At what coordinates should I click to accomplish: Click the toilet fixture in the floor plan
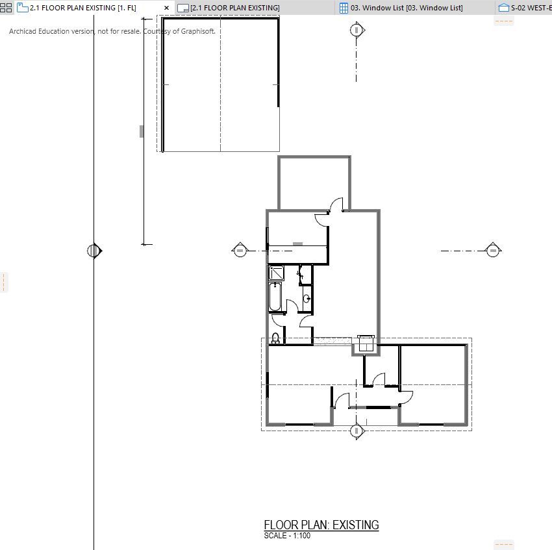(x=275, y=338)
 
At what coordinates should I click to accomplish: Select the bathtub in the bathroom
(x=275, y=297)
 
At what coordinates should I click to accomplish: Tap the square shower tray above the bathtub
(x=276, y=273)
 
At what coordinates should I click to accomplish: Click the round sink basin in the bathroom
(x=307, y=299)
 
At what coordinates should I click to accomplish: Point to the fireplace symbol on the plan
(x=366, y=344)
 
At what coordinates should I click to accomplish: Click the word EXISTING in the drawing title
(x=356, y=525)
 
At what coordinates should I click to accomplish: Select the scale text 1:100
(x=302, y=536)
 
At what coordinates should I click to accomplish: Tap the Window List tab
(x=401, y=8)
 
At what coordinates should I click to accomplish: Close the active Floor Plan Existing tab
(x=166, y=8)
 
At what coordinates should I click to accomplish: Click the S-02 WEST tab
(x=525, y=8)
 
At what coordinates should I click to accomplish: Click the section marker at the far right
(x=493, y=251)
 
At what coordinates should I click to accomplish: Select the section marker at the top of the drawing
(x=357, y=31)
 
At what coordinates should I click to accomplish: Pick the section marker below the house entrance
(x=357, y=431)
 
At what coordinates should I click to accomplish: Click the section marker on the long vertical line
(x=94, y=251)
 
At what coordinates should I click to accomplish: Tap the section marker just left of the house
(x=240, y=250)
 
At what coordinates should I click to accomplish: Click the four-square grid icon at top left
(x=6, y=8)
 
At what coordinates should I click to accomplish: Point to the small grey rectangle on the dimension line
(x=142, y=131)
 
